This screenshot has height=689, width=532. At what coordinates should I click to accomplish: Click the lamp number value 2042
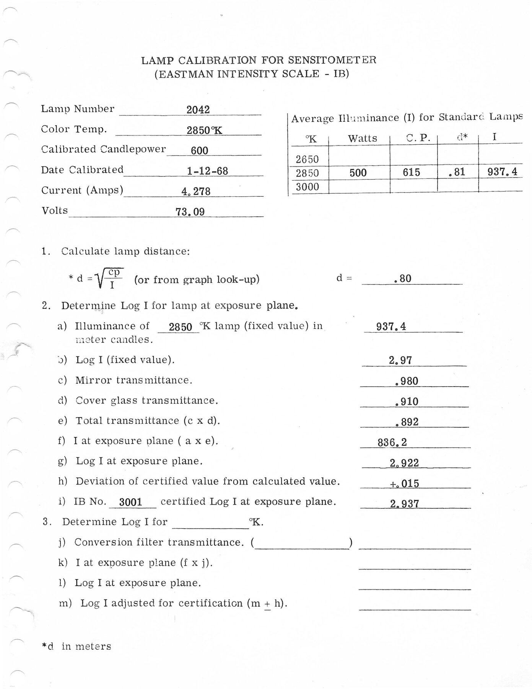pos(198,110)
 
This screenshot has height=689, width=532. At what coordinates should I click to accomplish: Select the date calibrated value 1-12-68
pos(207,171)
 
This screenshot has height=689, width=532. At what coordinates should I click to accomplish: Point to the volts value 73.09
pos(190,212)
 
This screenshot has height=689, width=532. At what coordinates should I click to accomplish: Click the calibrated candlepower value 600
pos(199,150)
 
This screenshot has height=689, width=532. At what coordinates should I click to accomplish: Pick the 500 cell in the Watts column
pos(358,173)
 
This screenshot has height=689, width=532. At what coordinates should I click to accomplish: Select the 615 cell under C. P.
pos(411,172)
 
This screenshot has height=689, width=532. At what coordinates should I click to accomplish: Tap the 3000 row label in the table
pos(307,187)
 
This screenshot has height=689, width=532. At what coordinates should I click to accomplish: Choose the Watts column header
pos(362,138)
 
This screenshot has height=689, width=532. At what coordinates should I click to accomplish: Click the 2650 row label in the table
pos(307,159)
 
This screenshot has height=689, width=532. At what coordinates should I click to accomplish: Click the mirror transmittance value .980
pos(407,381)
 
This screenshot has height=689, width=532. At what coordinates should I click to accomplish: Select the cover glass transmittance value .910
pos(407,402)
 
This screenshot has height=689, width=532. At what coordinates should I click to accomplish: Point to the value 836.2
pos(392,442)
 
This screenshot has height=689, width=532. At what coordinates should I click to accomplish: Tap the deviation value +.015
pos(404,483)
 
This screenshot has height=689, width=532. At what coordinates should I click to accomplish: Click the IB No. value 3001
pos(131,502)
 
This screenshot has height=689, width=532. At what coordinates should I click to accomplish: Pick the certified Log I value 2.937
pos(405,504)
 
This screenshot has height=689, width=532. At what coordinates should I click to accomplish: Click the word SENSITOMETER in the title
pos(332,60)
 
